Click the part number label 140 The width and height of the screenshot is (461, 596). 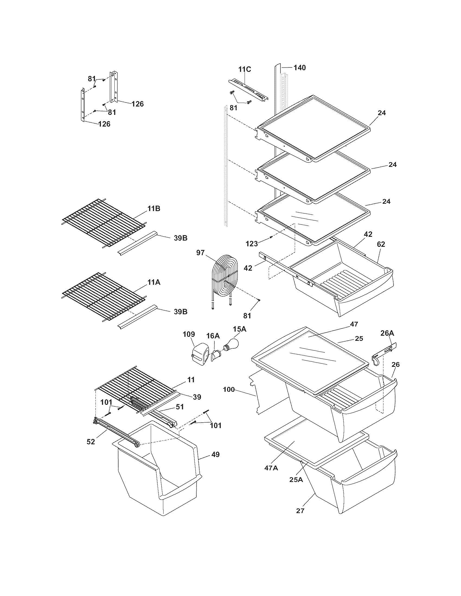coord(300,67)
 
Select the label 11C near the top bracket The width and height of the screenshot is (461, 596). coord(244,69)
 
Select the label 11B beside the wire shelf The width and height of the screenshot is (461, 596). coord(154,209)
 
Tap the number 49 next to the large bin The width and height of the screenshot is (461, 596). coord(216,455)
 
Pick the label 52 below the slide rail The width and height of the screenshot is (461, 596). coord(91,442)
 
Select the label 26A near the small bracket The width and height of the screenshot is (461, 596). coord(387,333)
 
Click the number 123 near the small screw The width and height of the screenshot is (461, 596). coord(252,243)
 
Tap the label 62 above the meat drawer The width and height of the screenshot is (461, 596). coord(381,244)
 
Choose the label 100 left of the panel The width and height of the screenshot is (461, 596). coord(229,389)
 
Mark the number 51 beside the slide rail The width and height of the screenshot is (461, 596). coord(180,414)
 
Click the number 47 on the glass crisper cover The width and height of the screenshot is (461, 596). coord(354,324)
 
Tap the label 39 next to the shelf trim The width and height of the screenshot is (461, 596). coord(197,397)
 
